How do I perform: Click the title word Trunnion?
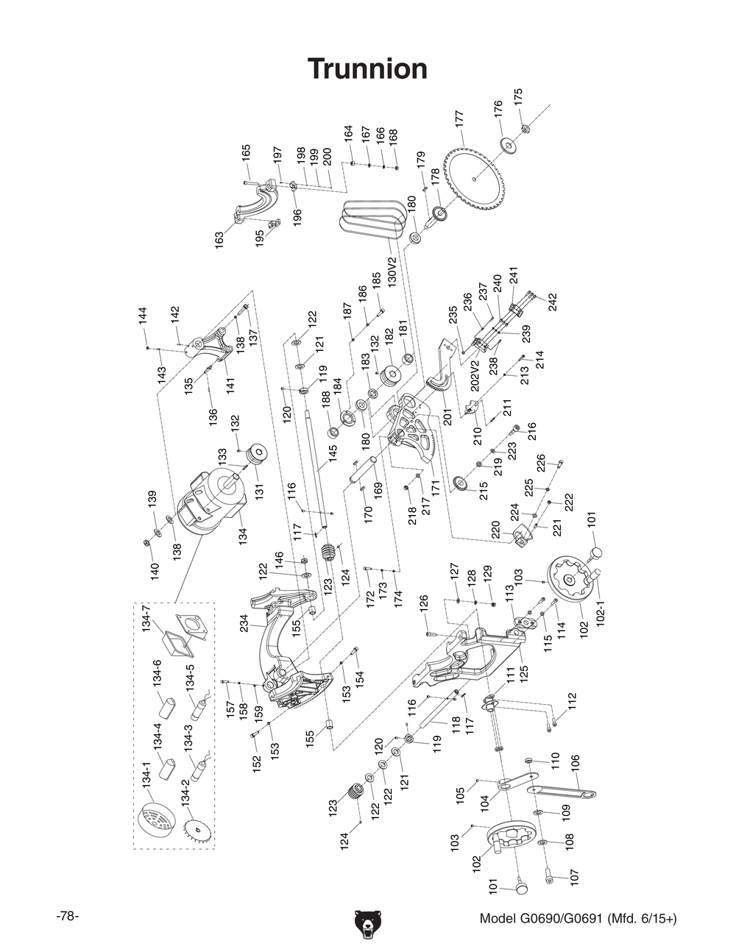tap(367, 68)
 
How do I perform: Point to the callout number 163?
tap(219, 241)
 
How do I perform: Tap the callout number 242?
tap(552, 302)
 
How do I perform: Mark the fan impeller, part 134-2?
tap(197, 831)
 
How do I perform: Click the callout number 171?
tap(435, 486)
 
